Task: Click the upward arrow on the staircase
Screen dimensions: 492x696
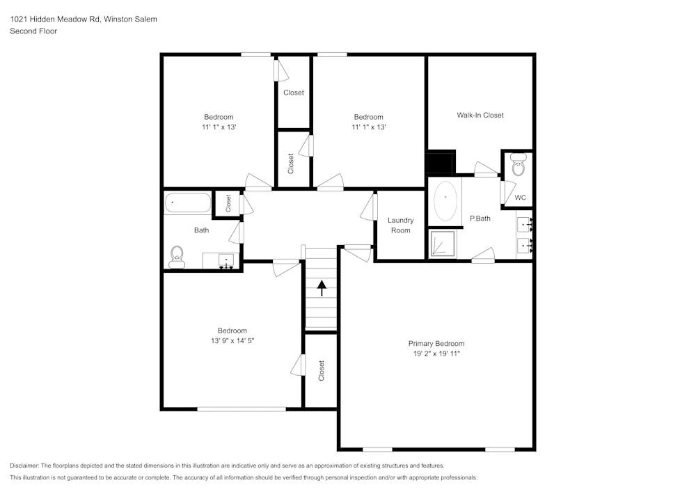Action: pos(321,287)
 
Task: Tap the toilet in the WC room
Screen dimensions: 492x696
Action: pos(518,166)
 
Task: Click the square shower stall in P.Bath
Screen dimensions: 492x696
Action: pos(443,244)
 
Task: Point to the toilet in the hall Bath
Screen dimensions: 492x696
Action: pos(177,257)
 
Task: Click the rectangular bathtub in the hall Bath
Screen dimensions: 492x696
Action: pos(187,203)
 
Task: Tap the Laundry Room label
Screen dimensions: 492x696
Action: pos(400,225)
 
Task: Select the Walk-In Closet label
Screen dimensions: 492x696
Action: pos(480,115)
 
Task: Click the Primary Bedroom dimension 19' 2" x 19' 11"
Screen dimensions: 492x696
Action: pos(436,354)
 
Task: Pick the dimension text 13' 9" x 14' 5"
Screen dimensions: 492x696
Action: pos(232,341)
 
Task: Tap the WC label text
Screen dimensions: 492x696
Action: pos(520,198)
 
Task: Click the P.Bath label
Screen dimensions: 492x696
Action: pos(480,219)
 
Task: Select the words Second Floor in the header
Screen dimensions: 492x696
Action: pos(33,31)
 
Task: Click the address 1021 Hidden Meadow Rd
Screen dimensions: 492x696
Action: pos(56,19)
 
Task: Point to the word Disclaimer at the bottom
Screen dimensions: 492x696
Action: pos(25,466)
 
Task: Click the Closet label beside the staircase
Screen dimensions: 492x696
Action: pos(321,370)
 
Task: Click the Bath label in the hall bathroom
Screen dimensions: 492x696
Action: pos(201,230)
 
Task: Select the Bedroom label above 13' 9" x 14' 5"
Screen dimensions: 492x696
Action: pos(232,331)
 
